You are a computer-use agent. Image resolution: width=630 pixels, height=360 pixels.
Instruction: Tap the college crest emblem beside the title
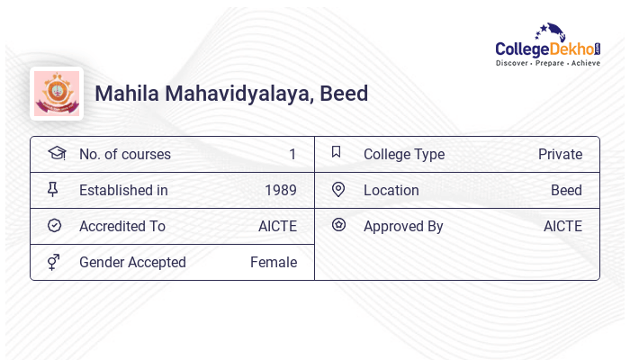57,94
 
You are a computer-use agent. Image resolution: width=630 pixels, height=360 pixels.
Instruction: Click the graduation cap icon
56,154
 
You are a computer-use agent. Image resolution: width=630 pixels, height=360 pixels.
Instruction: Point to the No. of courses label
124,155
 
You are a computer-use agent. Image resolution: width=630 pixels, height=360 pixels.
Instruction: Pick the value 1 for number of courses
292,155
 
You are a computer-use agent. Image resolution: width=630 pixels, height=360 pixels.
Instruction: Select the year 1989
281,191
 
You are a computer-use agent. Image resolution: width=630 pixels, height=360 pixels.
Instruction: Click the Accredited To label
122,227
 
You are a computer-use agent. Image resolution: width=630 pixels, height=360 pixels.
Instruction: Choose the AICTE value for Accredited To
277,227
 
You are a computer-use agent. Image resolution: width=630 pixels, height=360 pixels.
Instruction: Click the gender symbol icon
55,262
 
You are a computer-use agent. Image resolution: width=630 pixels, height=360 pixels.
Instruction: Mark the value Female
274,263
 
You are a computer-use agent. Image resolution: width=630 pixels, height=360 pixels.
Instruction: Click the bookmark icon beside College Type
337,153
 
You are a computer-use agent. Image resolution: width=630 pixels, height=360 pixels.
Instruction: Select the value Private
560,155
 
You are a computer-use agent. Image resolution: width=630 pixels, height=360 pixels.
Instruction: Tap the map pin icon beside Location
338,190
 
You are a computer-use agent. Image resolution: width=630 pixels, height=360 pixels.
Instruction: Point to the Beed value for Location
566,191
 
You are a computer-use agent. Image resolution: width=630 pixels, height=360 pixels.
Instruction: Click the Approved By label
403,227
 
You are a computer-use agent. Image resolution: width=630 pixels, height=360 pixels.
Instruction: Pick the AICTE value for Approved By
562,227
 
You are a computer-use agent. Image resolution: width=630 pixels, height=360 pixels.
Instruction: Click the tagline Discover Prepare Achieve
547,64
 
